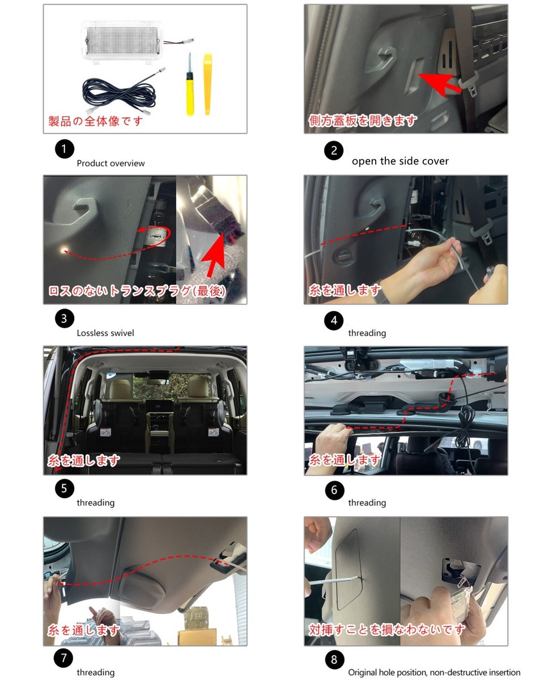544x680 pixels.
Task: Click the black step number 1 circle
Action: [64, 148]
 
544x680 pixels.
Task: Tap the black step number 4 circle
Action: [333, 320]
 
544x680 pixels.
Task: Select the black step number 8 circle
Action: [334, 660]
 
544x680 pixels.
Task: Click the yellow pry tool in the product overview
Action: [207, 84]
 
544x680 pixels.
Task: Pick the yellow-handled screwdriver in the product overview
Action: [190, 84]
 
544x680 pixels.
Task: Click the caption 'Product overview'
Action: [110, 163]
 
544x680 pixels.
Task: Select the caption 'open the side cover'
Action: [400, 161]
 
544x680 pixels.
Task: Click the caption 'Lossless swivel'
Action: [105, 333]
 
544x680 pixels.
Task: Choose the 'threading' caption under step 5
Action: [95, 503]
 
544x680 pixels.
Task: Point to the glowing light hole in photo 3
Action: [64, 251]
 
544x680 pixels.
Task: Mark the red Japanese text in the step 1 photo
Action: [95, 121]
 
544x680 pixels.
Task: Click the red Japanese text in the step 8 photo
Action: [386, 630]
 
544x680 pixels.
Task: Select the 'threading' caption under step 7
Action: [95, 672]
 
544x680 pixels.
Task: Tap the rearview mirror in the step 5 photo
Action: [158, 382]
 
